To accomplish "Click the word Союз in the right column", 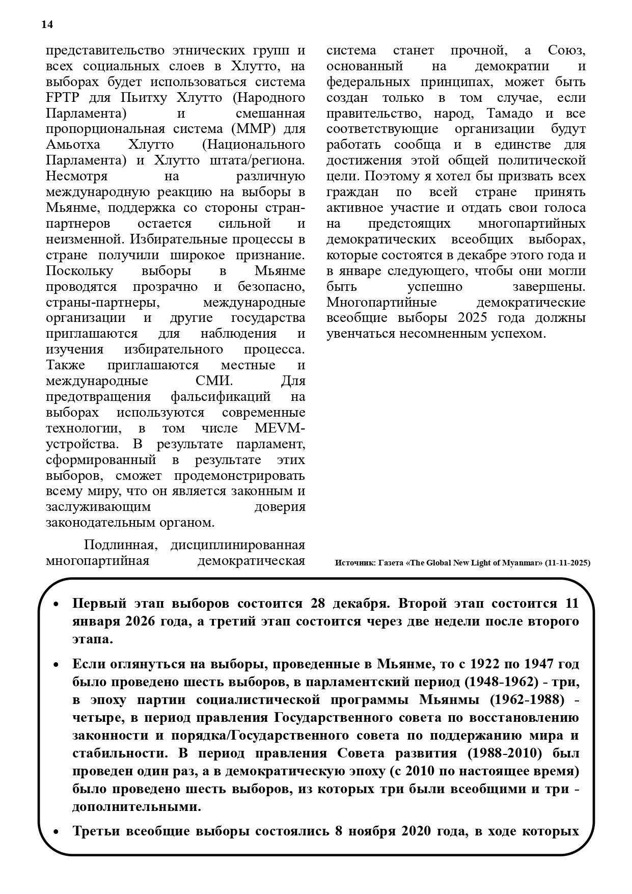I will (567, 50).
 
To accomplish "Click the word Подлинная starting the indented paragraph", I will (119, 545).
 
